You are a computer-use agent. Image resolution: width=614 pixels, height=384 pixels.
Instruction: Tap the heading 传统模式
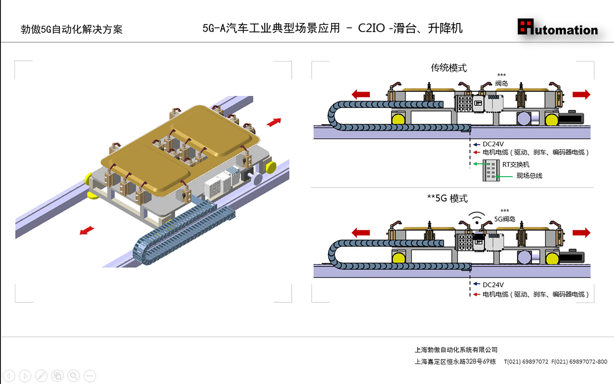tap(449, 68)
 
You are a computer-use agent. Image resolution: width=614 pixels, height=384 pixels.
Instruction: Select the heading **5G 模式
tap(447, 198)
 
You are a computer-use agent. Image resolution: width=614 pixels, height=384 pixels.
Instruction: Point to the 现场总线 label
tap(529, 176)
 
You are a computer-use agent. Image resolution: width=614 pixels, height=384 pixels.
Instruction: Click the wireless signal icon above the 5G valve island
tap(476, 218)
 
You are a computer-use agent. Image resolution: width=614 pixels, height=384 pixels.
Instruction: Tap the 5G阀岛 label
tap(505, 219)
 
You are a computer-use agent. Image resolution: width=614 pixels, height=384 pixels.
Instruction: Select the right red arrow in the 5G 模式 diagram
tap(581, 233)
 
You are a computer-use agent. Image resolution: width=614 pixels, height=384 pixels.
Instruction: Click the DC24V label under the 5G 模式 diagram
tap(493, 285)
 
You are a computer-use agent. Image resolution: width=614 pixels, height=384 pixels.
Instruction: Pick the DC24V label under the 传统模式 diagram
tap(493, 144)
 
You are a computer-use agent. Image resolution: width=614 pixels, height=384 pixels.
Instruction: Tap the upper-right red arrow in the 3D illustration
tap(274, 122)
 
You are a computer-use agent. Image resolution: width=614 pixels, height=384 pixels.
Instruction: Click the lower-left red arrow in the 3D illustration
tap(86, 231)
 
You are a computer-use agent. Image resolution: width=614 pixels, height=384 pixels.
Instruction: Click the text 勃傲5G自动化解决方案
tap(71, 29)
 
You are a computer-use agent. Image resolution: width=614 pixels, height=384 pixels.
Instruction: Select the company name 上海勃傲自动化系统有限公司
tap(456, 350)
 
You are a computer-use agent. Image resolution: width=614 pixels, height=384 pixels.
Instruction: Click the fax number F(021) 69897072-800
tap(579, 361)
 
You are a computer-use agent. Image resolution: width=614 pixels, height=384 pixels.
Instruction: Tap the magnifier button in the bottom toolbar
tap(73, 375)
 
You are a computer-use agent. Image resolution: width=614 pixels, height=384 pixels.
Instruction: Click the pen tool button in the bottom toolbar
tap(41, 375)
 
